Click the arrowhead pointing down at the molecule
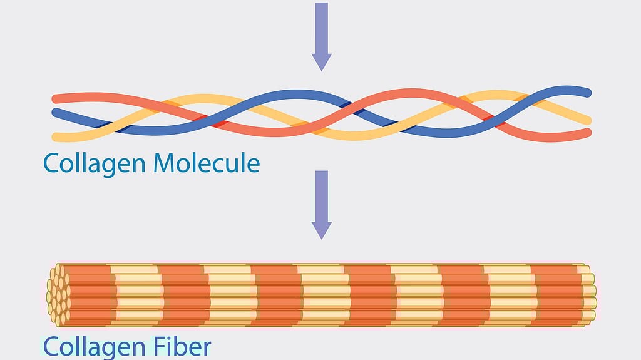coord(321,61)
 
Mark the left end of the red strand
coord(56,98)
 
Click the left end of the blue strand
coord(56,113)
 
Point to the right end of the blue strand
coord(587,93)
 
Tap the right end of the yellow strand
coord(587,120)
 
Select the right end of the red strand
coord(587,133)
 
